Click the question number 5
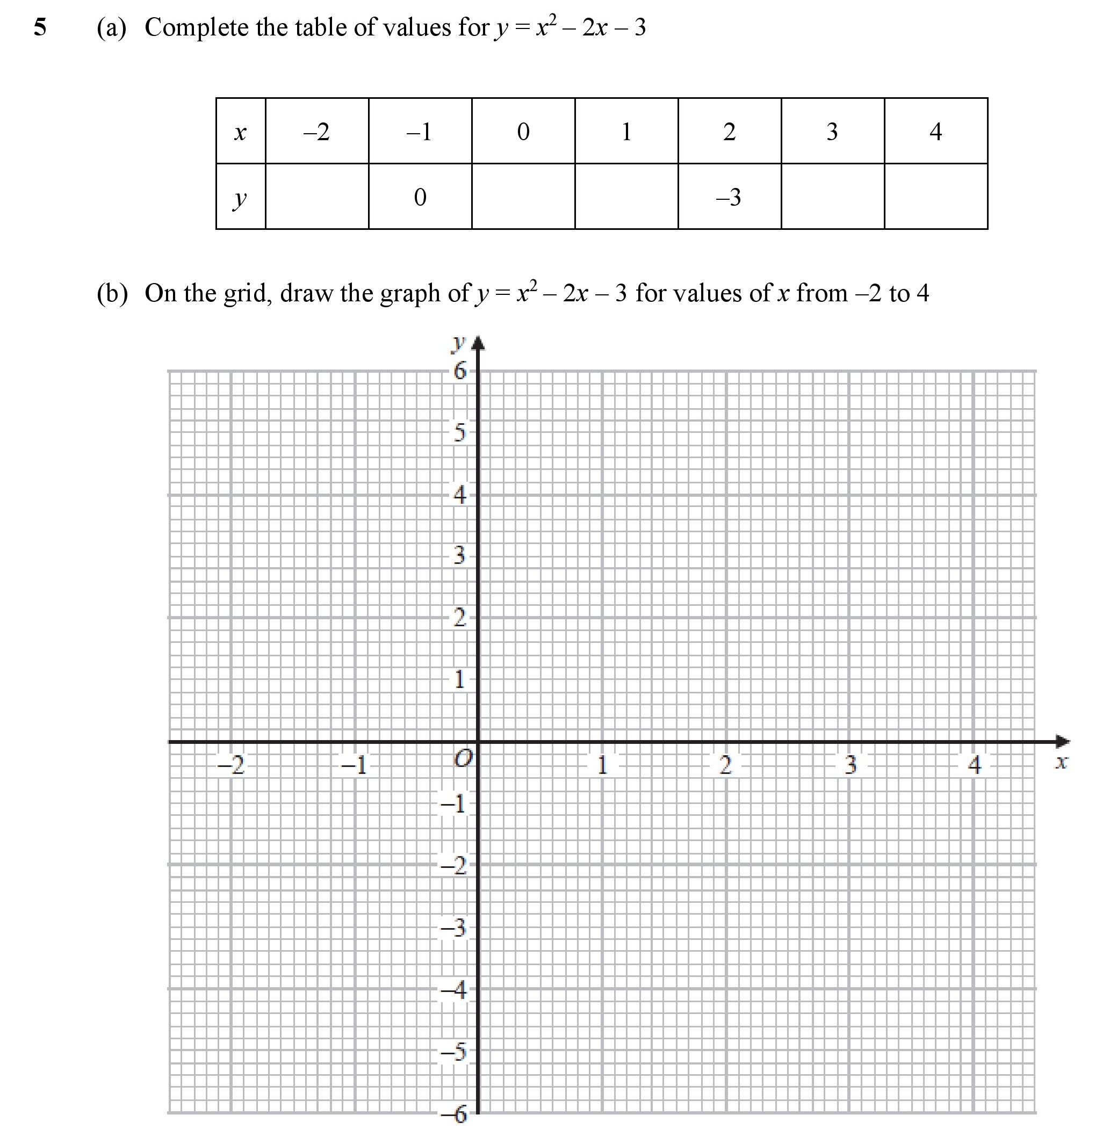40,27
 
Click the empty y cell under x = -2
317,197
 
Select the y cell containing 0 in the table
420,197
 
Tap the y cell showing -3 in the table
729,197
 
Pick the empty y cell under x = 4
935,197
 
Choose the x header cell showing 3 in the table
832,132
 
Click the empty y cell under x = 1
626,197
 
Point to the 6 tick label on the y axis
460,371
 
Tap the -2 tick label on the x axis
231,765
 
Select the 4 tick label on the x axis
975,765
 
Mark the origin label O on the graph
463,759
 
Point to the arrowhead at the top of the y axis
478,344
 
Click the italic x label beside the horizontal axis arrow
1062,762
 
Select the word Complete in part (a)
196,27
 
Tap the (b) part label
112,293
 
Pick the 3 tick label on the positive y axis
460,555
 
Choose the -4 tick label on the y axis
455,990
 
